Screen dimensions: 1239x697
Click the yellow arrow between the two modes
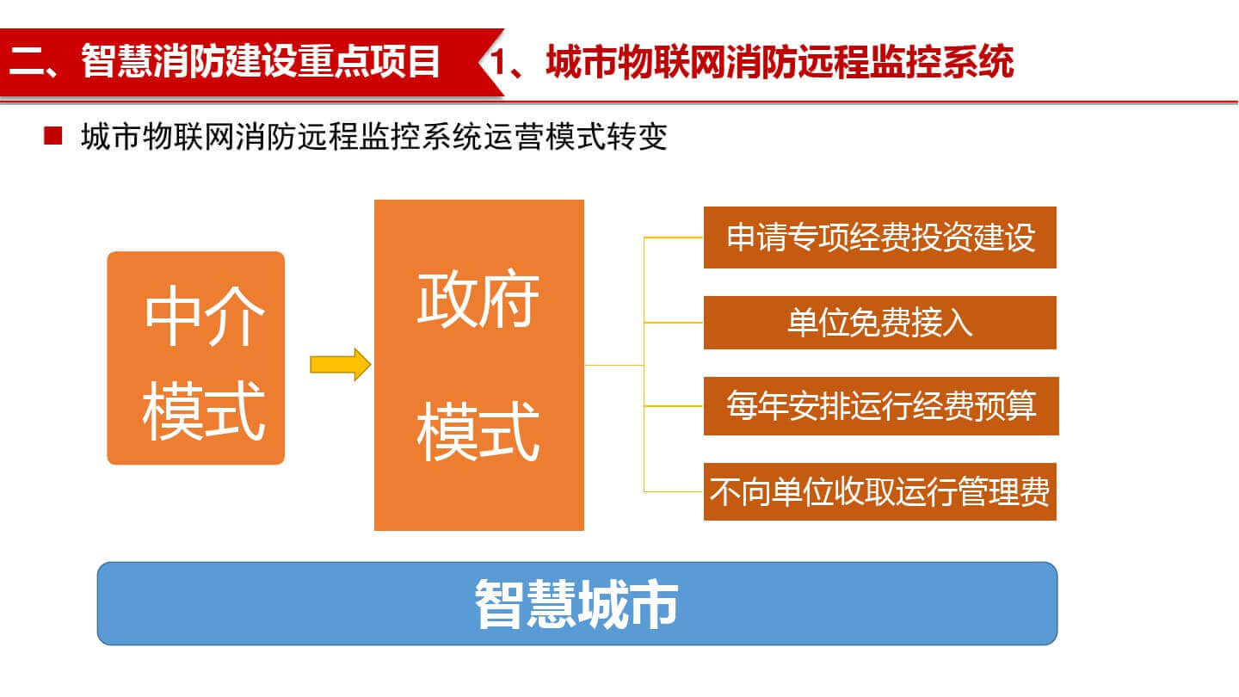(x=340, y=365)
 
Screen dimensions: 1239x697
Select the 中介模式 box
(x=196, y=358)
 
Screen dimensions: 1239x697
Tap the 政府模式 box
(x=479, y=365)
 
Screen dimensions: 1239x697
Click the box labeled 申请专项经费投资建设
(x=880, y=237)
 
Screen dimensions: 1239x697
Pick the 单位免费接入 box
(x=880, y=323)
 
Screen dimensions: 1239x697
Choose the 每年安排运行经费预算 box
(x=881, y=406)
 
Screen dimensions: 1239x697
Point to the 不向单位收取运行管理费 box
(x=880, y=491)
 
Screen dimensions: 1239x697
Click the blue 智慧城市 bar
(x=576, y=603)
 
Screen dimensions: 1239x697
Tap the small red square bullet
(x=52, y=136)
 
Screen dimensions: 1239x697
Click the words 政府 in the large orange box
(x=478, y=299)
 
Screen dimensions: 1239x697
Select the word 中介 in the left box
(x=204, y=315)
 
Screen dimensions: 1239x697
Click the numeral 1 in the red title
(x=498, y=61)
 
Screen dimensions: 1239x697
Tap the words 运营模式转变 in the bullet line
(x=576, y=137)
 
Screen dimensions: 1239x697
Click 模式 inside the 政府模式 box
(x=478, y=431)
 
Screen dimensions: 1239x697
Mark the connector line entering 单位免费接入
(x=674, y=323)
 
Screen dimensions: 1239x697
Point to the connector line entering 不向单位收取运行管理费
(x=674, y=491)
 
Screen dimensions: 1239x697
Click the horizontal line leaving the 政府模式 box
(x=614, y=365)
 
